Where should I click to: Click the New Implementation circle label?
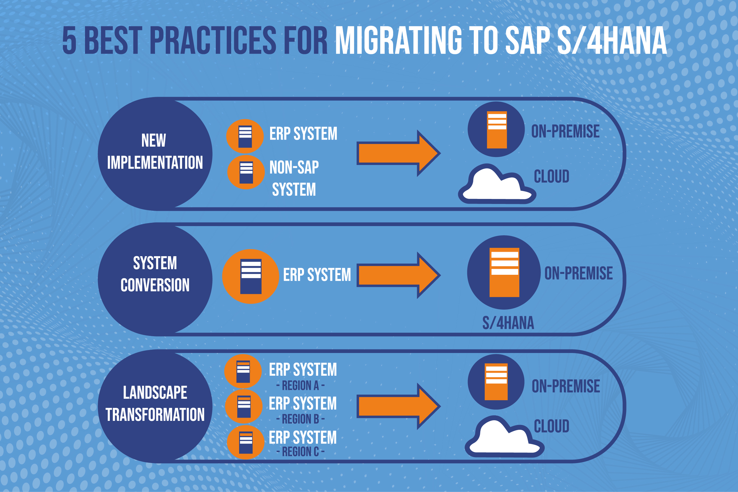(x=155, y=151)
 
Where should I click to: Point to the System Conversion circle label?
(x=155, y=274)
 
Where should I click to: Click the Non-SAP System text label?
(x=294, y=178)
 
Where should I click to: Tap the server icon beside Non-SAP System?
(x=246, y=172)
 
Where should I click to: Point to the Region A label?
(x=300, y=385)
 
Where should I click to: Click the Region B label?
(x=300, y=419)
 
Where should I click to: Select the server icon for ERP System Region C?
(x=246, y=442)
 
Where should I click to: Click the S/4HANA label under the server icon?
(x=508, y=323)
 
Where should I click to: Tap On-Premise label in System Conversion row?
(x=579, y=273)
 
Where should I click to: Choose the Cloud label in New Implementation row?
(x=552, y=176)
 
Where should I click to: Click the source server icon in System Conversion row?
(x=251, y=276)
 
